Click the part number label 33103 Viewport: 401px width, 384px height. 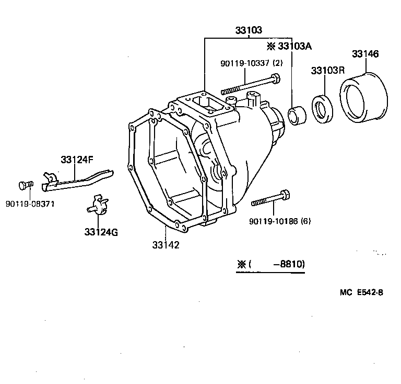[248, 30]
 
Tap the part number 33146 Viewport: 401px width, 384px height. [365, 54]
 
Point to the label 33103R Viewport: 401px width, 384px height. [328, 70]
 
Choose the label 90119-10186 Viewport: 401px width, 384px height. [274, 221]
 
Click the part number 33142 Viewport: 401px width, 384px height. [166, 244]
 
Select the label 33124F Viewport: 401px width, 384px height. [77, 160]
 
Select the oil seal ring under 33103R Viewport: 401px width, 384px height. [321, 108]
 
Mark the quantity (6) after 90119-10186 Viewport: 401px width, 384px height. [305, 221]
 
